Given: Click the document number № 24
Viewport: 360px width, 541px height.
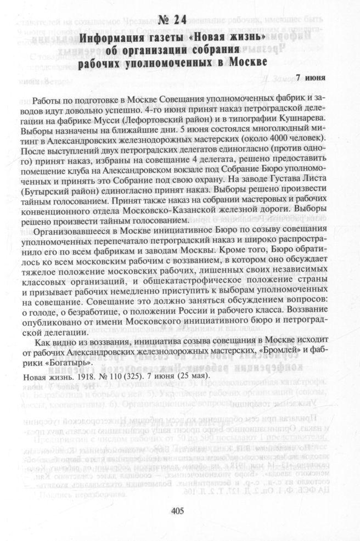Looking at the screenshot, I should (172, 21).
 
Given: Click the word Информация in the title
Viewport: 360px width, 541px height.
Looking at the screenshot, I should (113, 38).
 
